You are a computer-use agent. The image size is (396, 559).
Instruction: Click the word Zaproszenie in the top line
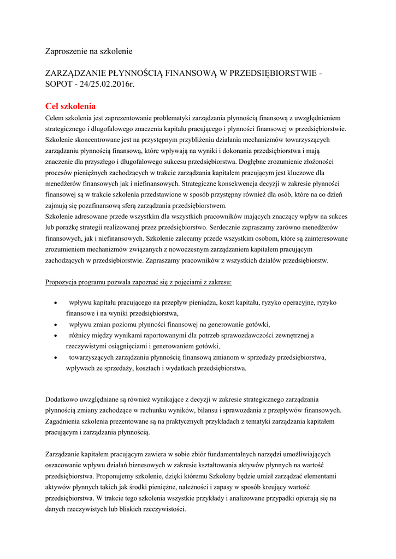[x=65, y=51]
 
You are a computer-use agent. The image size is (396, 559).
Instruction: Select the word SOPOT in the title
[x=57, y=85]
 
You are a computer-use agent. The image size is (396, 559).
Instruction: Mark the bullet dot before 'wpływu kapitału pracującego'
[x=58, y=302]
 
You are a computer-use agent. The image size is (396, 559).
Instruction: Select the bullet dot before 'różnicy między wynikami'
[x=58, y=335]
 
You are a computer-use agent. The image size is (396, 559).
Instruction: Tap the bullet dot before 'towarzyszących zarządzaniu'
[x=58, y=357]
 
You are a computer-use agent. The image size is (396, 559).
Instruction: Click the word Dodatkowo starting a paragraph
[x=62, y=399]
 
